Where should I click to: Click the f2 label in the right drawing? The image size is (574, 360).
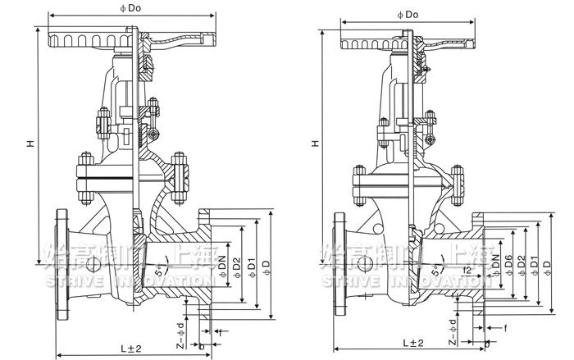[467, 268]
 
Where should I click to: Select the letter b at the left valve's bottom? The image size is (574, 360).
[203, 348]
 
